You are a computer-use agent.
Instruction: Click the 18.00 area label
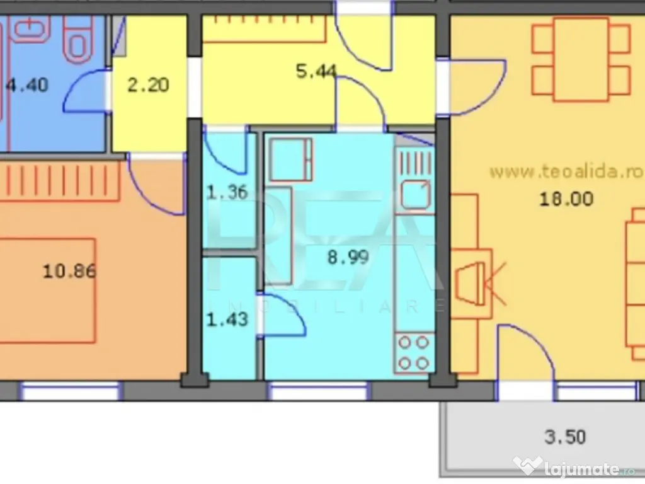[566, 199]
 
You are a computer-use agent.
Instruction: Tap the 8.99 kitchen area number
[348, 258]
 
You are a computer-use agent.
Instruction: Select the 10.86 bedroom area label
[69, 271]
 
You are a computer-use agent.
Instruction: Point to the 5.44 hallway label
[316, 71]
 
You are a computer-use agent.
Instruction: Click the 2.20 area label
[148, 85]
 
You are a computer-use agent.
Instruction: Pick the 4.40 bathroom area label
[28, 85]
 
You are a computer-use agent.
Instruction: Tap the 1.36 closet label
[227, 192]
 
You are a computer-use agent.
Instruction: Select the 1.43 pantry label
[227, 320]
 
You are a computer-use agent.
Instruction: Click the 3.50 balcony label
[565, 437]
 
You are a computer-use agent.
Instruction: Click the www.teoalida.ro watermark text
[566, 171]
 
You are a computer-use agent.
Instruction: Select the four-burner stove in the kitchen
[414, 353]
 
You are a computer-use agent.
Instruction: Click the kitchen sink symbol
[416, 194]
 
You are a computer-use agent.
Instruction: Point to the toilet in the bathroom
[77, 39]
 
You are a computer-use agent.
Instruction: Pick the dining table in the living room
[581, 60]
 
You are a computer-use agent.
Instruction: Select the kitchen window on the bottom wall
[317, 391]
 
